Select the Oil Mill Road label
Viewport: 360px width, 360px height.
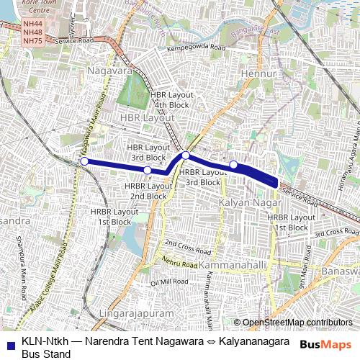click(168, 282)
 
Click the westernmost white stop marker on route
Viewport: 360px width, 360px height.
click(84, 161)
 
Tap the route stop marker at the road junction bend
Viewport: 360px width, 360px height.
click(185, 156)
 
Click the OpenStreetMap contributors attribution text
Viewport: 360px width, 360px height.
click(293, 322)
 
